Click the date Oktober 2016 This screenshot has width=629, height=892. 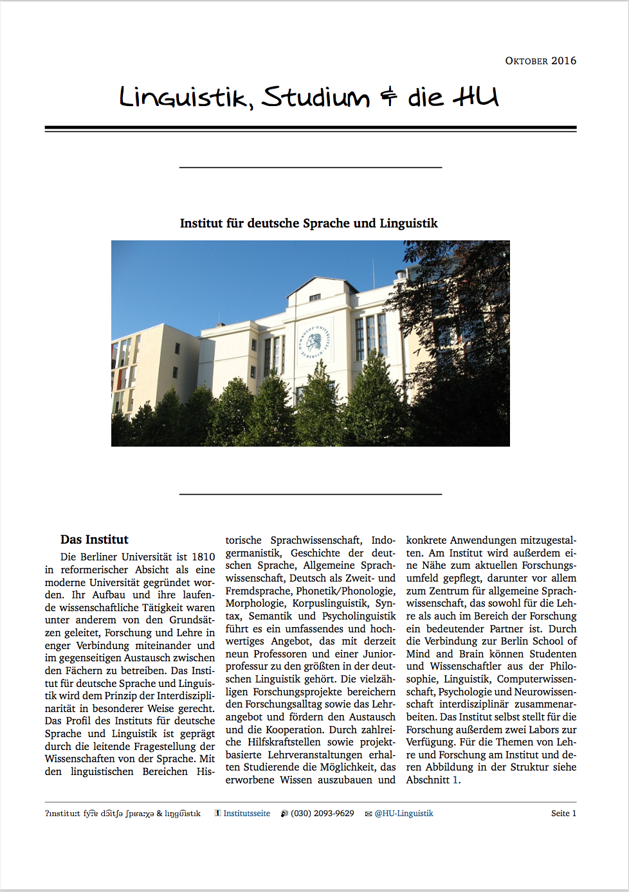tap(540, 61)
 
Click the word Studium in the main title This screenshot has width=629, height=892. tap(316, 98)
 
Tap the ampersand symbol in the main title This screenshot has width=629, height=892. tap(388, 98)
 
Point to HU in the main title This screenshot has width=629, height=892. tap(476, 97)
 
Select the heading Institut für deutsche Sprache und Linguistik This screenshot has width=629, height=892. tap(309, 224)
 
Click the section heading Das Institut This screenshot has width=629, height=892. tap(95, 540)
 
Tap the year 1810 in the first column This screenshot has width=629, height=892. tap(203, 557)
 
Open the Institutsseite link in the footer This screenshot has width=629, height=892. tap(246, 814)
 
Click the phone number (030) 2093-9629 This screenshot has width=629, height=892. tap(322, 814)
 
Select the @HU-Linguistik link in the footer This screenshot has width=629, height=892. tap(404, 814)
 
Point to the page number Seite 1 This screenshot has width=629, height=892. tap(563, 814)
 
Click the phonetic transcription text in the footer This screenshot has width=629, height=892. tap(123, 814)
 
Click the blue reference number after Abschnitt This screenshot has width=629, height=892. tap(455, 780)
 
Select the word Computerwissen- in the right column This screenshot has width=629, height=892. tap(536, 679)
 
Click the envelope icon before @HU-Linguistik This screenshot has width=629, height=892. tap(369, 814)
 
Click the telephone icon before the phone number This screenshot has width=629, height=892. tap(284, 814)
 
